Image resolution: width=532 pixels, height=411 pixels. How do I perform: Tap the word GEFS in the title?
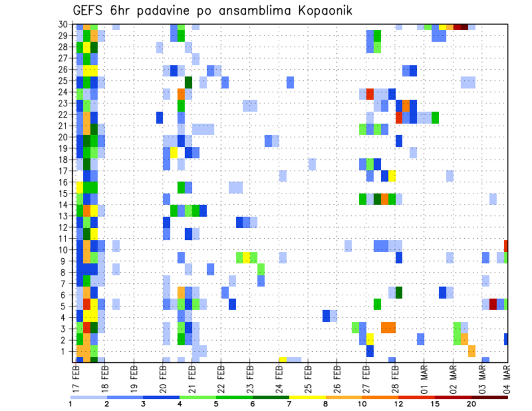point(89,11)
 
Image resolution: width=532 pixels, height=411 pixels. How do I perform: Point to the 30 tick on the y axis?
point(65,24)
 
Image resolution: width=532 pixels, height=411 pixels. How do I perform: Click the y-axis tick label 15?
point(65,193)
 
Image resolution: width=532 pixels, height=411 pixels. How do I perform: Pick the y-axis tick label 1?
point(68,351)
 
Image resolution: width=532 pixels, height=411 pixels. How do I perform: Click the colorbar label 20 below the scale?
point(472,403)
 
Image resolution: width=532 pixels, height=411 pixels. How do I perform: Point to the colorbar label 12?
point(398,403)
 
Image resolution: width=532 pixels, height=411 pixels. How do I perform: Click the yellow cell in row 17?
point(392,176)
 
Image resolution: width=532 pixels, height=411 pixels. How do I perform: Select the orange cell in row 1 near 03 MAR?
point(472,351)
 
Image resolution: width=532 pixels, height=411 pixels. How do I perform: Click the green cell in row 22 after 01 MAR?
point(435,117)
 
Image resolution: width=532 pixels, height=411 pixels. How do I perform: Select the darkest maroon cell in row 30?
point(464,26)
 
